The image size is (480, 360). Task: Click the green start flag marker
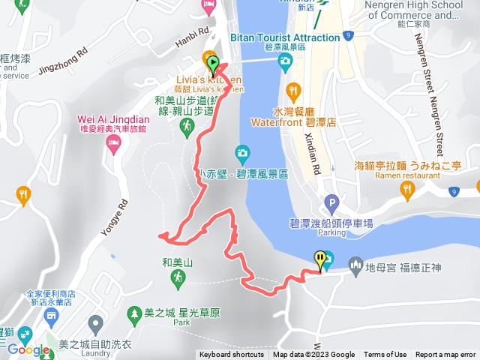point(213,64)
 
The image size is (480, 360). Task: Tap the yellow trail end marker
point(322,259)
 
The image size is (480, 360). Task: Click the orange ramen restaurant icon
point(407,193)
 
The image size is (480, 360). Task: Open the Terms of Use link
point(385,355)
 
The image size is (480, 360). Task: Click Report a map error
point(445,355)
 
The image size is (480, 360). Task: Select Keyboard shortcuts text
point(232,355)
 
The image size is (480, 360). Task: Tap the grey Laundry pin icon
point(95,325)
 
